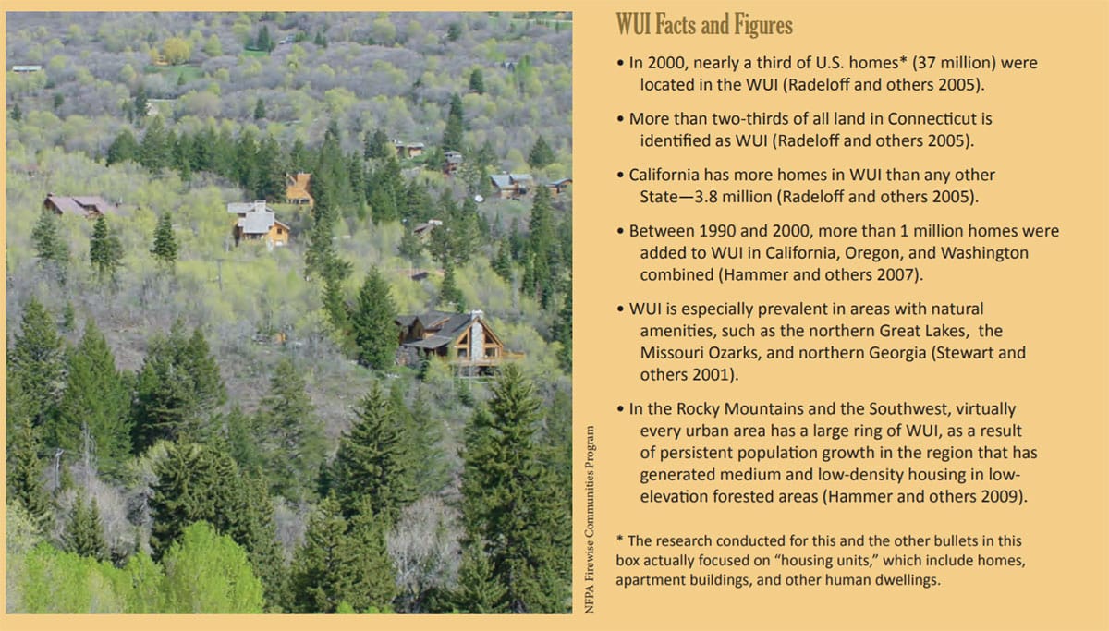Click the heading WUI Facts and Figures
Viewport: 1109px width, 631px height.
point(704,25)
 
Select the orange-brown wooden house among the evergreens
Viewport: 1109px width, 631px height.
point(299,188)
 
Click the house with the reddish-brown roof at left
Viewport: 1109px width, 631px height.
point(77,205)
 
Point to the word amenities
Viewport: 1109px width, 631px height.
point(677,331)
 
